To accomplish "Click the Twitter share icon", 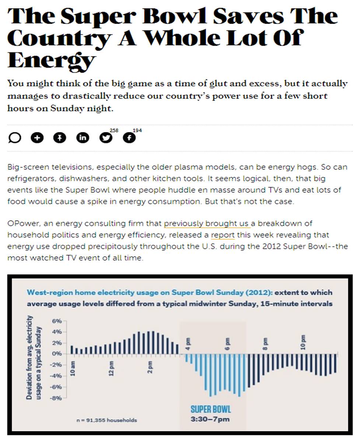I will pos(106,138).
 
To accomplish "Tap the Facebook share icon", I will pos(129,138).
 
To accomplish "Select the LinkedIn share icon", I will pos(83,138).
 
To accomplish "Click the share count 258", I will pos(114,130).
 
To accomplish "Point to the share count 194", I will pos(137,130).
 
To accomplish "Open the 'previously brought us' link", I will pos(207,223).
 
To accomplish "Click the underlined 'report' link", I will pos(223,235).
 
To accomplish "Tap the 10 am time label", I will pos(73,369).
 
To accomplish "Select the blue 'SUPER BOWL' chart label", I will pos(211,409).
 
